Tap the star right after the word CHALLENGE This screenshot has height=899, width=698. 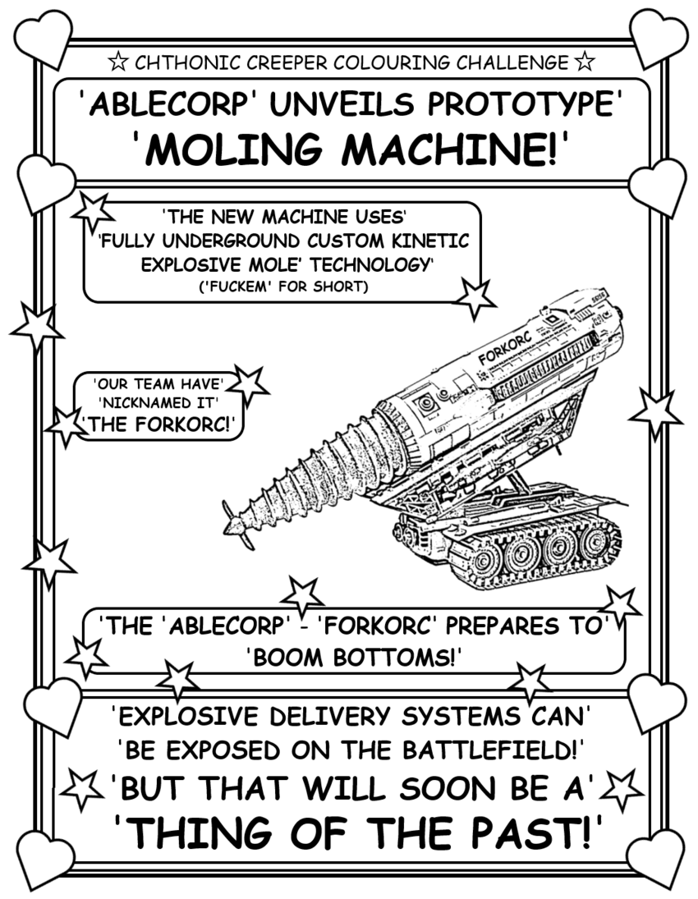pyautogui.click(x=584, y=62)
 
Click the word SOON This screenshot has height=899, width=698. pyautogui.click(x=412, y=790)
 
